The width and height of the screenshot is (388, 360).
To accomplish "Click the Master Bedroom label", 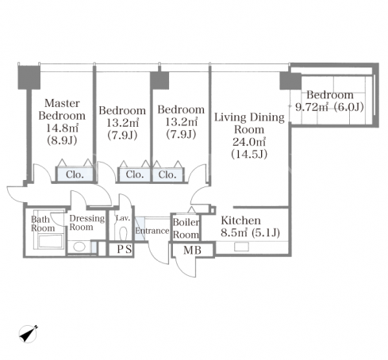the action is click(62, 109).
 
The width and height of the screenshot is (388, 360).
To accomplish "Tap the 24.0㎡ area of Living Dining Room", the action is click(249, 142).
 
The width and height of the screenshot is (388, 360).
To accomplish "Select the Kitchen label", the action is click(240, 220).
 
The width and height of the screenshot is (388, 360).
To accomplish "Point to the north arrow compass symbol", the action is click(29, 334).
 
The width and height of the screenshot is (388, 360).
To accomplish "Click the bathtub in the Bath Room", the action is click(50, 242).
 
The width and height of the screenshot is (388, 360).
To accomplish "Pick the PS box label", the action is click(125, 249).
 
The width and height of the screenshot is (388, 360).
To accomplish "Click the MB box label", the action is click(192, 250).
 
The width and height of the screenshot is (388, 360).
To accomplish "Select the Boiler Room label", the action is click(186, 228).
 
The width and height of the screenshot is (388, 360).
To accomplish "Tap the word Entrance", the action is click(152, 231).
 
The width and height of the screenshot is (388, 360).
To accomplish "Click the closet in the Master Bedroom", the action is click(75, 174).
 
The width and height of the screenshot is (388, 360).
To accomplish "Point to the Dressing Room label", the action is click(87, 223).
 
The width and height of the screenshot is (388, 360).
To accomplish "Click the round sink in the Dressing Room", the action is click(79, 247).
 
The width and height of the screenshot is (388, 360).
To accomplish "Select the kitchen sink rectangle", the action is click(241, 247).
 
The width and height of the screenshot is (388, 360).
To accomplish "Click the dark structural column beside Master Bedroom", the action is click(29, 78).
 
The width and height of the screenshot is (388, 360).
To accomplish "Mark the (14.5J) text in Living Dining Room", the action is click(249, 154).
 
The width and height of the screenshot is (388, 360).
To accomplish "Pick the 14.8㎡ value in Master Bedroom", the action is click(62, 128).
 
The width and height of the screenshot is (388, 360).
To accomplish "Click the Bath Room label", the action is click(43, 224).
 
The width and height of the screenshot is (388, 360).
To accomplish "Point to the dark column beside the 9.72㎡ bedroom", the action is click(290, 81).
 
